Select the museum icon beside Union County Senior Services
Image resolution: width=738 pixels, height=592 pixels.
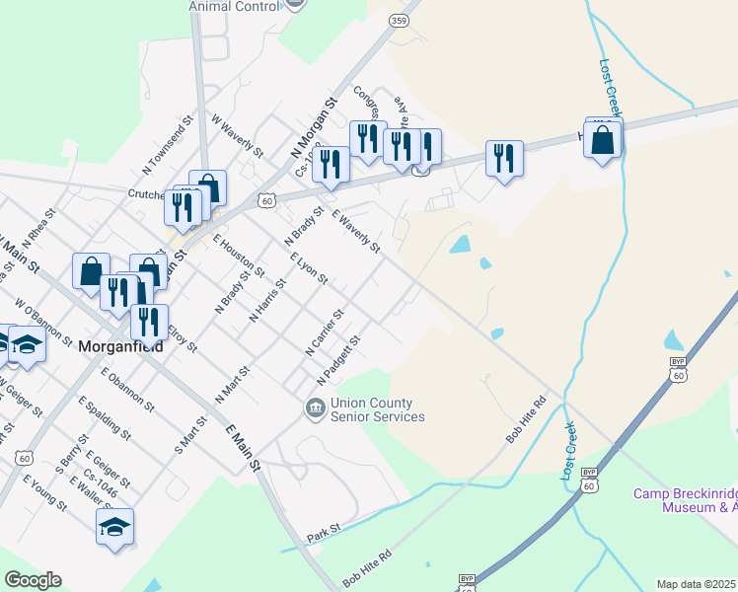click(315, 407)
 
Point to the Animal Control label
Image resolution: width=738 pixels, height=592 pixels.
click(235, 6)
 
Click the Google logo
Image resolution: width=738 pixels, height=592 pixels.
click(33, 580)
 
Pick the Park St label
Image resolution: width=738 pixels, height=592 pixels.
click(323, 531)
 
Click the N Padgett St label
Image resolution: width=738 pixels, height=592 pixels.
click(338, 361)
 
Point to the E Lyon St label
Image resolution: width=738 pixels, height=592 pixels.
click(309, 269)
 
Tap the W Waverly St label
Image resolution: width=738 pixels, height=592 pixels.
click(238, 135)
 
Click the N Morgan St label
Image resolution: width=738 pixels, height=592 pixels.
click(314, 128)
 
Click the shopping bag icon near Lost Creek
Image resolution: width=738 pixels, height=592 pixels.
click(603, 140)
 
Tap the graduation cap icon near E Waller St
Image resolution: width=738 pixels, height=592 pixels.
click(114, 528)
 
